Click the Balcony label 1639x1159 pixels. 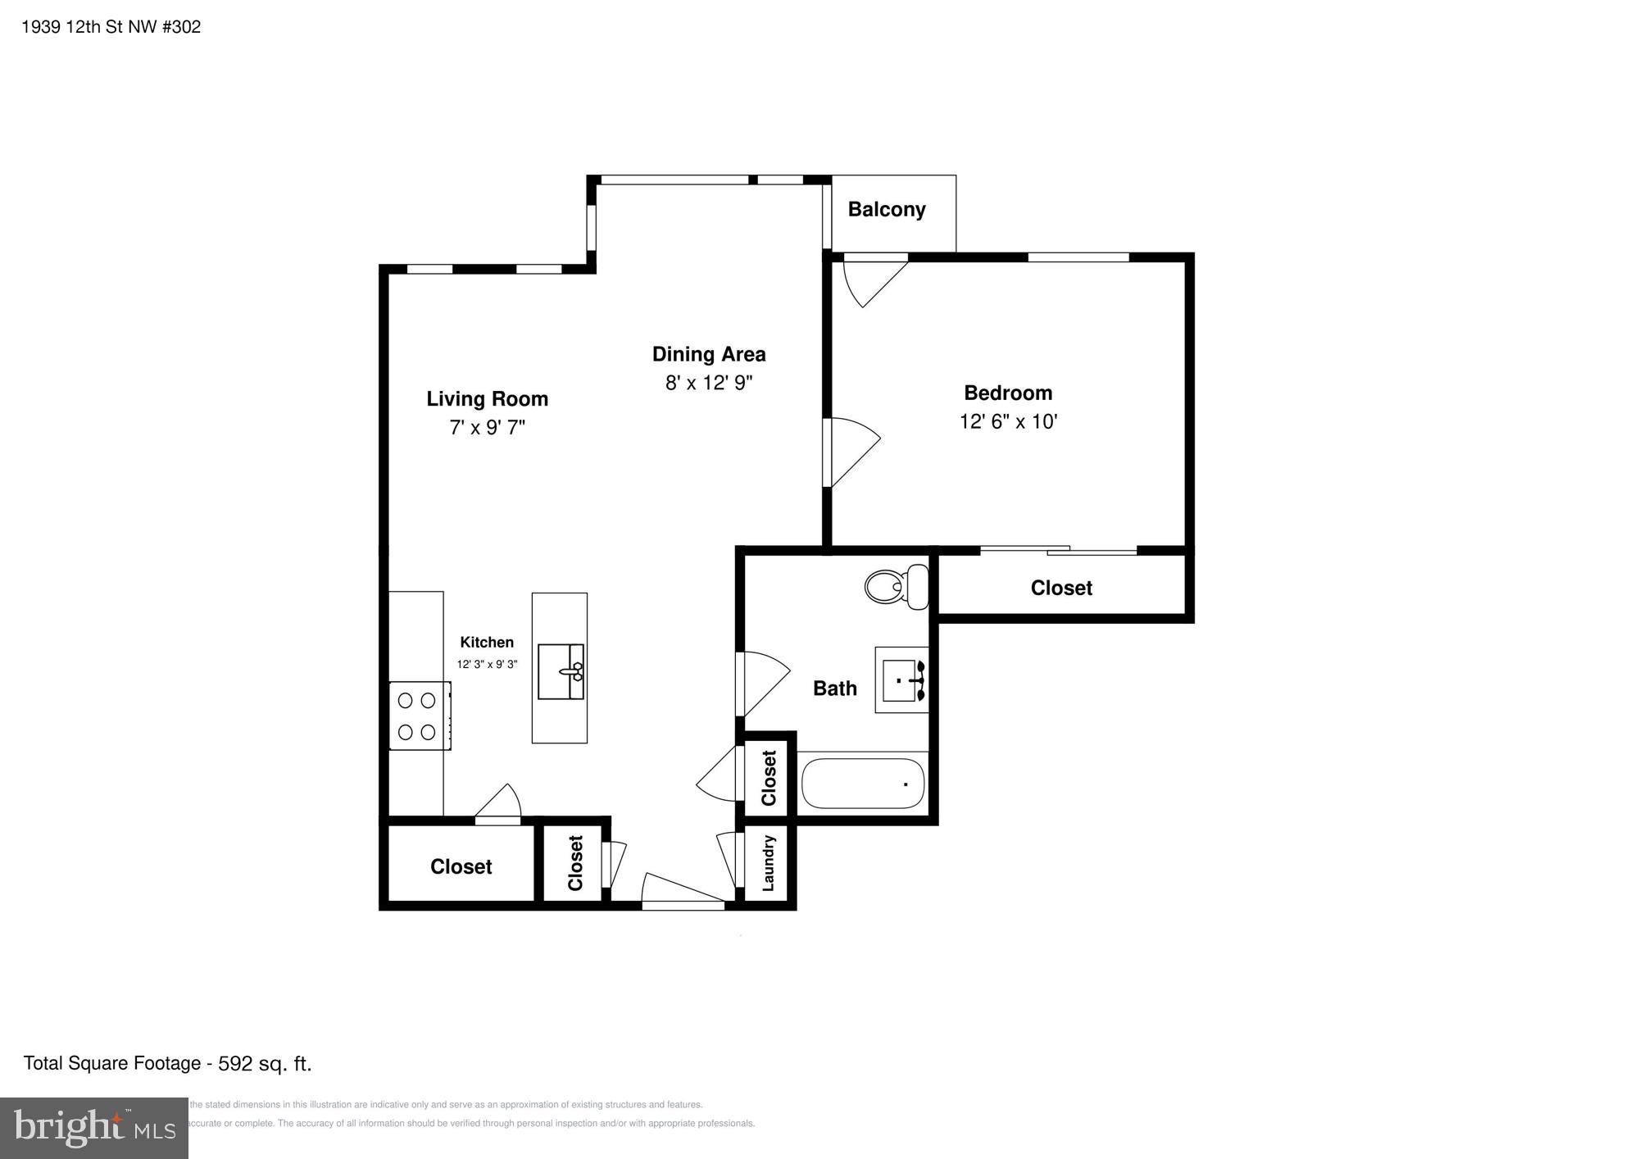pyautogui.click(x=886, y=210)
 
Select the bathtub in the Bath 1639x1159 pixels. pyautogui.click(x=862, y=784)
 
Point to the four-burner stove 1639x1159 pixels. pyautogui.click(x=418, y=715)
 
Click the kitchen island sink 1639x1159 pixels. pyautogui.click(x=561, y=671)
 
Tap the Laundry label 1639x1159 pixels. pyautogui.click(x=768, y=863)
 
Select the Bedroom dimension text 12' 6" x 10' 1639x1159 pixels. pyautogui.click(x=1008, y=421)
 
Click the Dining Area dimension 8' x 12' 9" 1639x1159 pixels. pyautogui.click(x=708, y=383)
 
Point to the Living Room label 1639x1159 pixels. pyautogui.click(x=487, y=399)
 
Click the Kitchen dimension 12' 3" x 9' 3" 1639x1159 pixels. pyautogui.click(x=487, y=664)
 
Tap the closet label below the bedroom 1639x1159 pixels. pyautogui.click(x=1060, y=588)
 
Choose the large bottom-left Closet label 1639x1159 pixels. pyautogui.click(x=461, y=866)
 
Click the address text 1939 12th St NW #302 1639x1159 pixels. pyautogui.click(x=111, y=27)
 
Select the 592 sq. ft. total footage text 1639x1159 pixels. pyautogui.click(x=265, y=1064)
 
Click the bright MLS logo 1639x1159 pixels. pyautogui.click(x=93, y=1129)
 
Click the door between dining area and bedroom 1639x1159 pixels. pyautogui.click(x=852, y=452)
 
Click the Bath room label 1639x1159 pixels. pyautogui.click(x=834, y=689)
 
